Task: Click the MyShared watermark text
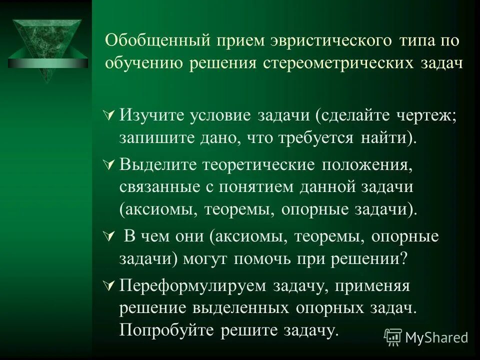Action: point(436,337)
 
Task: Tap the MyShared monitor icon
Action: point(393,337)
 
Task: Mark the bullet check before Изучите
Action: point(111,115)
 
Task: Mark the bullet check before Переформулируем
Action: point(111,286)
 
